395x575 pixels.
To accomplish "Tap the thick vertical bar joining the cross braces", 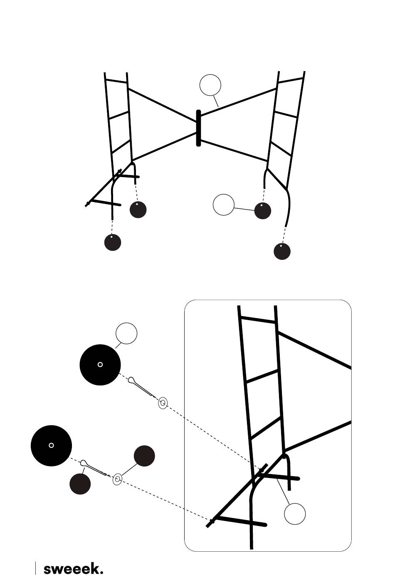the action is (198, 128).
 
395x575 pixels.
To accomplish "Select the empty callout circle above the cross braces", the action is (210, 85).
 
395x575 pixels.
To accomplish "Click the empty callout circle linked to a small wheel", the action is (224, 205).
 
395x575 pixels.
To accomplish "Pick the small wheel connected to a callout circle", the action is (262, 210).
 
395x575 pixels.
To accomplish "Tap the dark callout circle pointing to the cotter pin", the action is (80, 484).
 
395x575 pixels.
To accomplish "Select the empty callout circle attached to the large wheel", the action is (126, 333).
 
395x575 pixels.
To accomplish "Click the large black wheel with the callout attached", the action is (100, 365).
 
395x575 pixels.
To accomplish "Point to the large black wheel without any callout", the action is (51, 445).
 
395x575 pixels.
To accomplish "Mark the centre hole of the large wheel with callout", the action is (100, 365).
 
